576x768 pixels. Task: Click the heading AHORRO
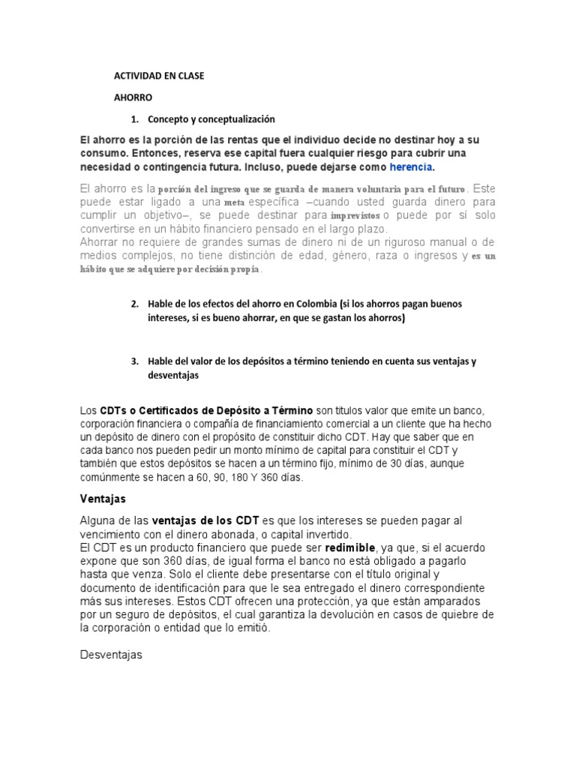point(133,97)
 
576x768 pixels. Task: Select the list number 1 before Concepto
point(135,119)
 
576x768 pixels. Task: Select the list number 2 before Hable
point(135,304)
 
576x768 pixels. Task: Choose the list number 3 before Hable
point(135,361)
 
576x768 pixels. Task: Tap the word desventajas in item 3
point(172,376)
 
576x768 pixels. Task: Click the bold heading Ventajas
point(103,499)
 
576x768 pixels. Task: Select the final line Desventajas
point(110,655)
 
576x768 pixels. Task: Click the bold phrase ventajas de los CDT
point(205,520)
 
